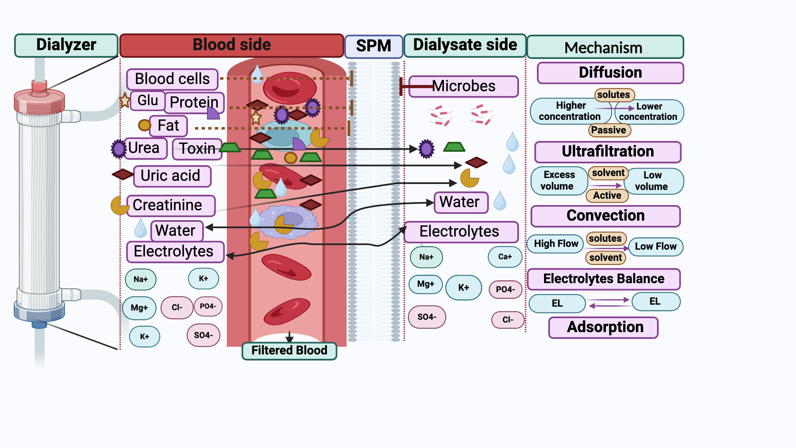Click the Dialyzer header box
(x=66, y=45)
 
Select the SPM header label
(x=373, y=46)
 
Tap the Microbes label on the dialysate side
(x=464, y=86)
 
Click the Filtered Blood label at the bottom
(x=289, y=350)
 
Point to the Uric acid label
(x=172, y=176)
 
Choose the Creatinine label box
(x=171, y=205)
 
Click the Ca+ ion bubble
(x=505, y=257)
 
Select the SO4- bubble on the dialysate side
(x=427, y=317)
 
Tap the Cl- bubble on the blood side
(x=177, y=307)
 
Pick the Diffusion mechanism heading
(x=610, y=72)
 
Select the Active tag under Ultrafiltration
(x=607, y=196)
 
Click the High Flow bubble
(x=556, y=244)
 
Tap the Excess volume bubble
(x=559, y=180)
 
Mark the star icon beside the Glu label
(x=125, y=100)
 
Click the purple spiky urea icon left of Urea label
(x=118, y=149)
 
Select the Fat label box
(x=168, y=125)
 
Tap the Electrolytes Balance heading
(x=603, y=279)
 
